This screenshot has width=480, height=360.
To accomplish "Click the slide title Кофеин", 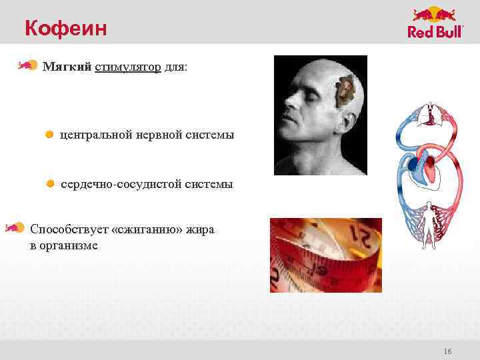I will (65, 28).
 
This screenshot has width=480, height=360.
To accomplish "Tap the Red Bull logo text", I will (435, 33).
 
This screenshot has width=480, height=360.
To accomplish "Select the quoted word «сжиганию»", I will (145, 229).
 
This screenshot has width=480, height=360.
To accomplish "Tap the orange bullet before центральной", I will (49, 135).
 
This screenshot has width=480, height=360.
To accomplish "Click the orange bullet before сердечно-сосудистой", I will (50, 183).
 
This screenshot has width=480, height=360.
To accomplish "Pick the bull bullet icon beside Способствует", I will (15, 228).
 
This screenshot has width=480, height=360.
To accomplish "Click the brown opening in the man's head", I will (345, 91).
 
